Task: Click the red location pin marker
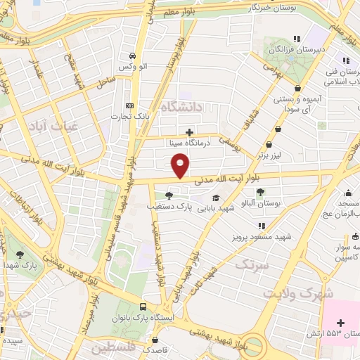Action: [x=181, y=165]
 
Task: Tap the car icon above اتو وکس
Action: [x=132, y=56]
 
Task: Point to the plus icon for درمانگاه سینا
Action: [x=188, y=131]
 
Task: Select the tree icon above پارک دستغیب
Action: [x=167, y=195]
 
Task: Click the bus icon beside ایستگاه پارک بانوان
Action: [x=143, y=307]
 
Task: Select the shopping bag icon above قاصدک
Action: [x=146, y=337]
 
